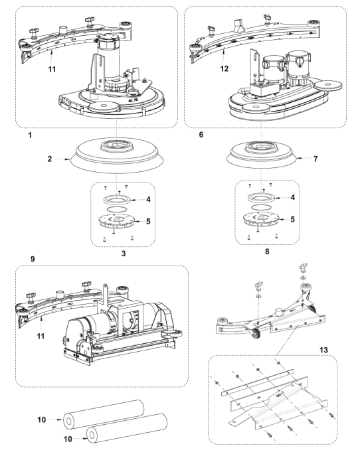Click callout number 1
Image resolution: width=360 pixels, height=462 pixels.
[30, 135]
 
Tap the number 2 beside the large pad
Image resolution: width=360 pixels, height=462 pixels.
[50, 159]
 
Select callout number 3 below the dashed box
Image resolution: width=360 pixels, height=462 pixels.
[124, 254]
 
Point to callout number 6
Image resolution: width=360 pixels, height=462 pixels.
[201, 135]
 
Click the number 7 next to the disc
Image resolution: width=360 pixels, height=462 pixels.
[315, 159]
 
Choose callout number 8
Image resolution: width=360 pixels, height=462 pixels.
[267, 252]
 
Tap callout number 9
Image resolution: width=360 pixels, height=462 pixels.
[33, 259]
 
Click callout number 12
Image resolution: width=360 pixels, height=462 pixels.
[225, 68]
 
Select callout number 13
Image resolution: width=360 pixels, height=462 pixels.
[323, 350]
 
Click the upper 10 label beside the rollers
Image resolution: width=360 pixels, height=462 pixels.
[42, 420]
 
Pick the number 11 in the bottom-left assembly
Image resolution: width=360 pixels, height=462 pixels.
[41, 336]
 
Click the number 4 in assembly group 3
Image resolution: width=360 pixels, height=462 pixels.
[148, 200]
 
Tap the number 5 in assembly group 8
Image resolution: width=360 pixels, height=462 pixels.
[292, 220]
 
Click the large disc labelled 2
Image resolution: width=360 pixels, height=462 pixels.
[117, 155]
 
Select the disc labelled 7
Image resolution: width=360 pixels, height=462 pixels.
[261, 155]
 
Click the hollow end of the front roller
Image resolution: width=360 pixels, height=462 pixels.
[92, 435]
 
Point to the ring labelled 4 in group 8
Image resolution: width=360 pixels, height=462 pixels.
[261, 198]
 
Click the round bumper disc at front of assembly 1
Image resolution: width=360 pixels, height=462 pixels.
[104, 108]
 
